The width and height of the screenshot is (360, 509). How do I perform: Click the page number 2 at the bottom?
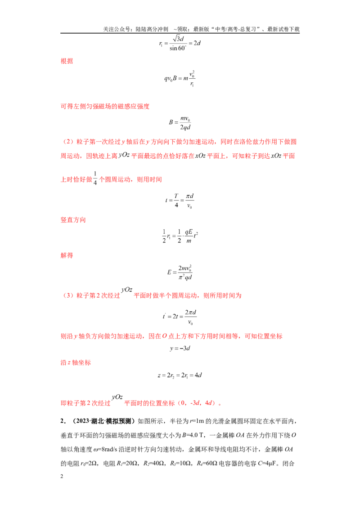point(62,476)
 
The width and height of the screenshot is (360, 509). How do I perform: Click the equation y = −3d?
point(180,348)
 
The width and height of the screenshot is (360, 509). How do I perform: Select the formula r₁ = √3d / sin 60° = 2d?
point(180,43)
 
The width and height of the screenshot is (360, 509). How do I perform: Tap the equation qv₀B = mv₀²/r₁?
point(180,78)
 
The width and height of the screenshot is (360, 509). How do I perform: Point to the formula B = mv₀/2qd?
point(180,122)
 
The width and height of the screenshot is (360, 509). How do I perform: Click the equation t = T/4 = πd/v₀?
point(180,201)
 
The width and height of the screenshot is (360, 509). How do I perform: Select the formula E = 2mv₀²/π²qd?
point(180,272)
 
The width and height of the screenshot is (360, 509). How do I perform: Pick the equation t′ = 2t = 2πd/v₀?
point(180,317)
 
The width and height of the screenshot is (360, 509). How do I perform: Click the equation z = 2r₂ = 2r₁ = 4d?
point(180,375)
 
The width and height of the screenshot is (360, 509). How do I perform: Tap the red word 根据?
point(67,61)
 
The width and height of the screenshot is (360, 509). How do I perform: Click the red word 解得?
point(67,255)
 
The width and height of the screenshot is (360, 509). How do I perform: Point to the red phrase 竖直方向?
point(73,220)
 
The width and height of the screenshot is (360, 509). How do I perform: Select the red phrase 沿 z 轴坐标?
point(76,362)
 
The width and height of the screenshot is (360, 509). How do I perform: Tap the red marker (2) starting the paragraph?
point(68,142)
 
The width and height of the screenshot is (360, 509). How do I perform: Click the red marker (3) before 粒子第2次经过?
point(68,295)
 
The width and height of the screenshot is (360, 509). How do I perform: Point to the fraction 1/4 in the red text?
point(95,178)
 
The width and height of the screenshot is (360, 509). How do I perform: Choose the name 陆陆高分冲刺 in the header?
point(152,29)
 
